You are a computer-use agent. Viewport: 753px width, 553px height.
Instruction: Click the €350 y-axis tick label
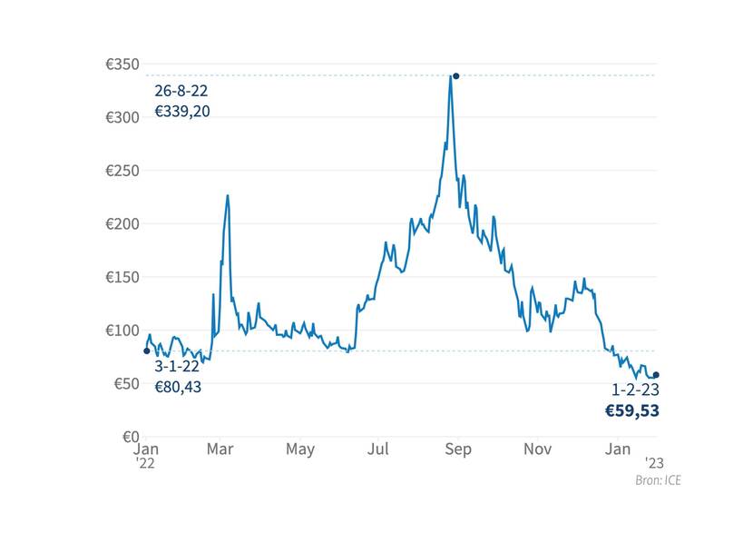122,64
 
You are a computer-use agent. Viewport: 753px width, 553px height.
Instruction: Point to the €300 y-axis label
122,118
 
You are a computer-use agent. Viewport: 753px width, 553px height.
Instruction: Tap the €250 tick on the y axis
122,171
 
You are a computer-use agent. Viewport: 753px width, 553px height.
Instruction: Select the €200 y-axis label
122,224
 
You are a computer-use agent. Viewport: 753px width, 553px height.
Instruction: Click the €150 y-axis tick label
122,277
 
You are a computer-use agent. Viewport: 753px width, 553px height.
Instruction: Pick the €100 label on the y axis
122,331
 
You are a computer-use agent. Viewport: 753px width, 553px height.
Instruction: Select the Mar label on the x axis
220,449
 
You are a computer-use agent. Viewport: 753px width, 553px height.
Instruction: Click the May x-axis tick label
300,449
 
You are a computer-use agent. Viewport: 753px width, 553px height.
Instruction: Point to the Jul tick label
379,449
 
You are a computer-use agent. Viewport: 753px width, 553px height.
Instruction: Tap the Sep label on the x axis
458,449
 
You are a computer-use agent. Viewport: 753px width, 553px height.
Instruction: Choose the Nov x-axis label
538,449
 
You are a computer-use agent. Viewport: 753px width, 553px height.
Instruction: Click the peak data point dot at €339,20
456,76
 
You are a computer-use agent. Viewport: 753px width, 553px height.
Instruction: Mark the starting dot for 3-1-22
147,351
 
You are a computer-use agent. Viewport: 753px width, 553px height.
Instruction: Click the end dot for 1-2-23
656,375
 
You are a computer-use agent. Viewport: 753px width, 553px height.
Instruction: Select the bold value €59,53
632,411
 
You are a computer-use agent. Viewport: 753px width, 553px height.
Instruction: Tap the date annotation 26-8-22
181,92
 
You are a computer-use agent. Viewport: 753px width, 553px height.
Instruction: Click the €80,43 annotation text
178,387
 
